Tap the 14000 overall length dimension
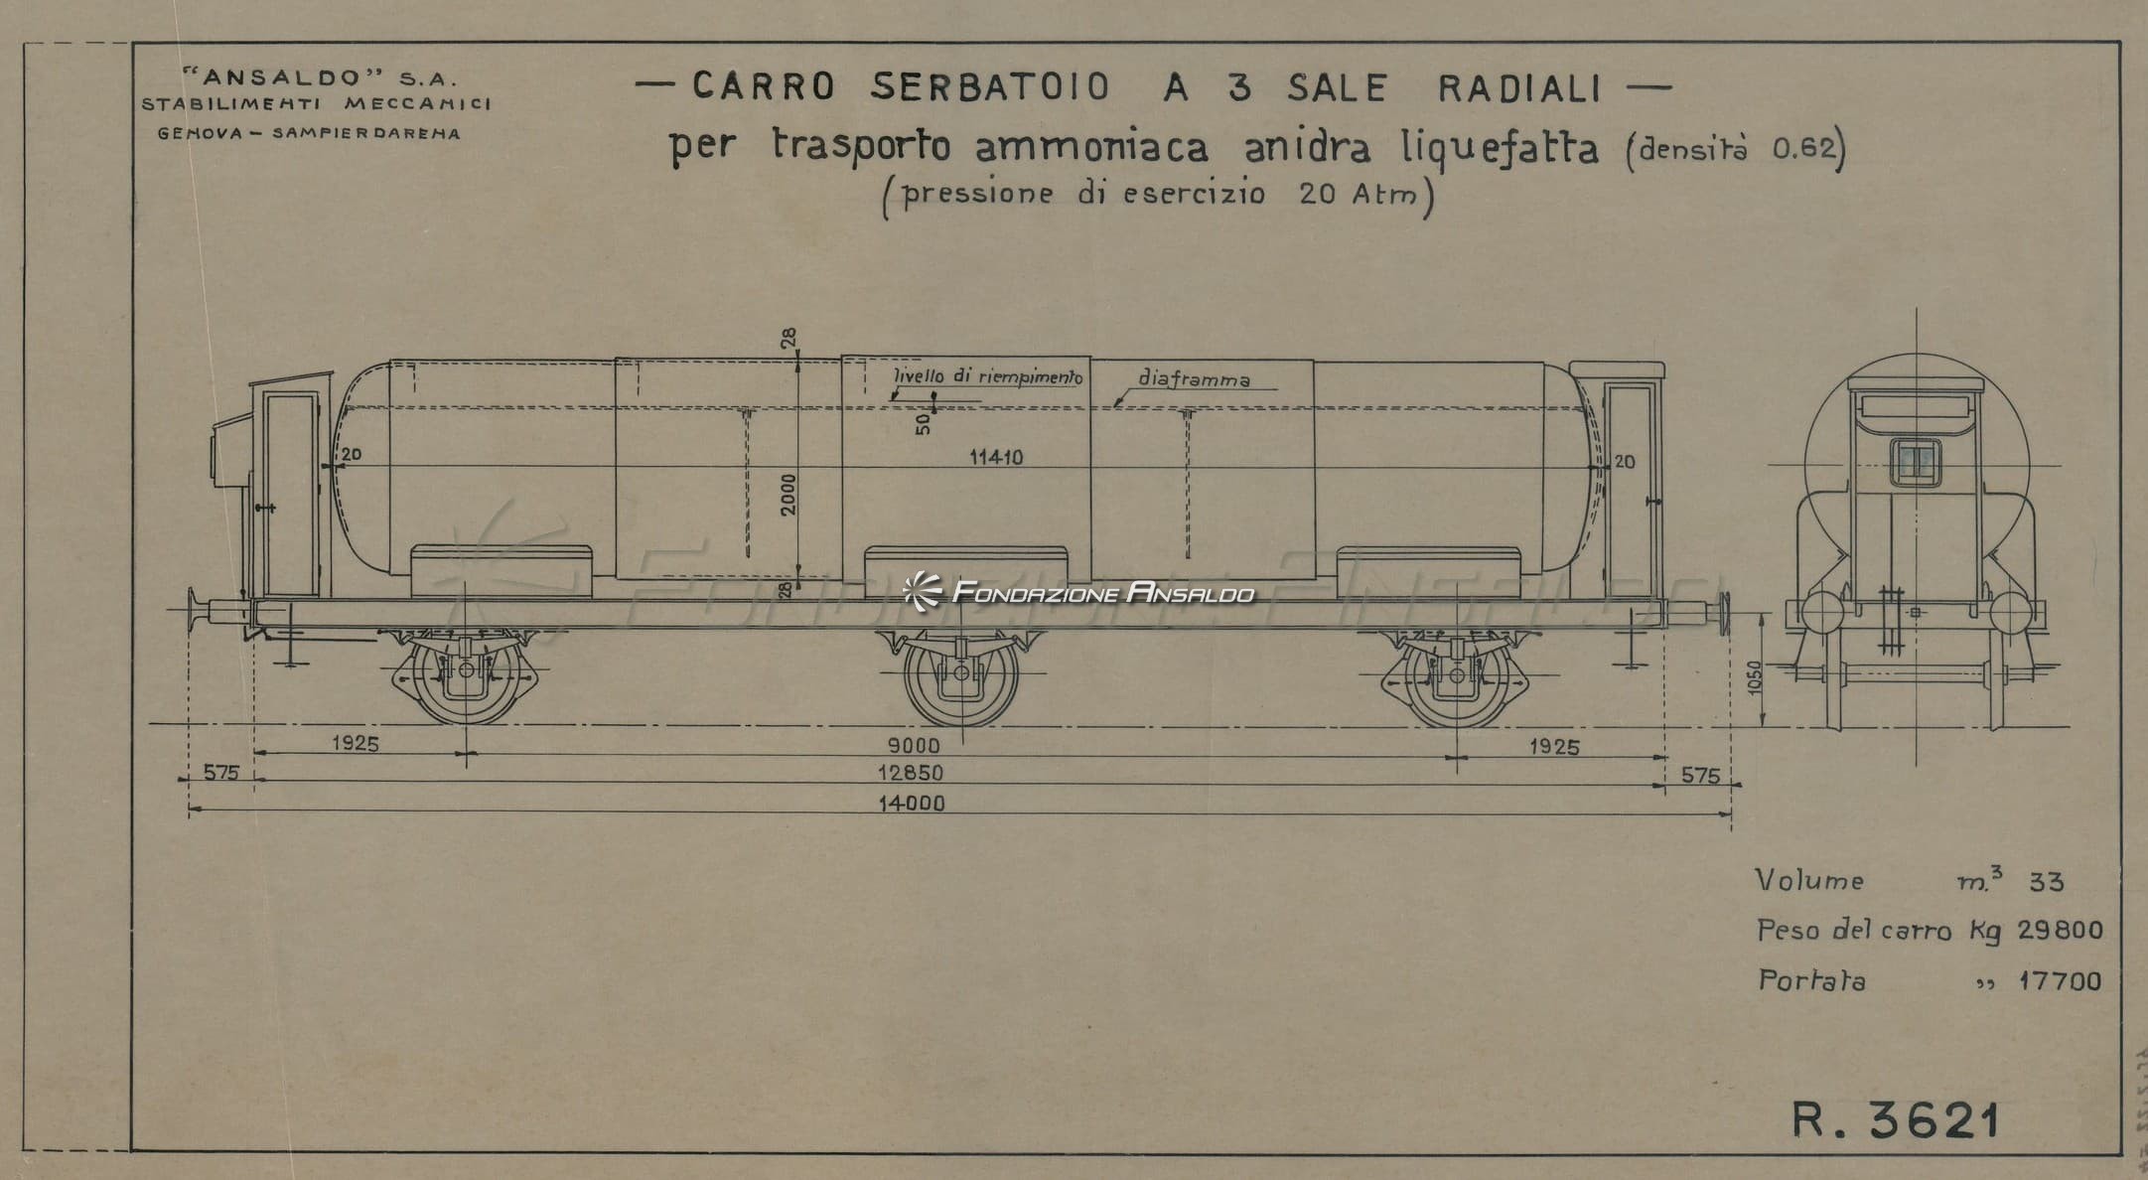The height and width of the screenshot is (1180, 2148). [x=911, y=803]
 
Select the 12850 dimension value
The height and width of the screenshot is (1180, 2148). [x=911, y=773]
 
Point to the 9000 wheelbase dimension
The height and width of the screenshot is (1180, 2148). [x=914, y=745]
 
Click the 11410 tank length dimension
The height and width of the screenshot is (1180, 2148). [x=996, y=457]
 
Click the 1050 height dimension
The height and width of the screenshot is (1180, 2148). [x=1754, y=677]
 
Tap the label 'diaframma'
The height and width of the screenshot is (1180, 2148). [x=1195, y=378]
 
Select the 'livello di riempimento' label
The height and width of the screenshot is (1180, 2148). [x=988, y=376]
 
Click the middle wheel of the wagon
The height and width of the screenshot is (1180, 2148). [x=960, y=673]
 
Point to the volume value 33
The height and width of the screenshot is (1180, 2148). [x=2047, y=882]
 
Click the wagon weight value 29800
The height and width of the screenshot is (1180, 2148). [x=2060, y=931]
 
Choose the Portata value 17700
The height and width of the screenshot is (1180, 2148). [x=2061, y=981]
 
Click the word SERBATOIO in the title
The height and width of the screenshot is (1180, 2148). [x=990, y=87]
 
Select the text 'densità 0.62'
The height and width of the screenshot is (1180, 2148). [x=1737, y=149]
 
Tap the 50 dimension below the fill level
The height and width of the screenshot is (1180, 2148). [x=924, y=423]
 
